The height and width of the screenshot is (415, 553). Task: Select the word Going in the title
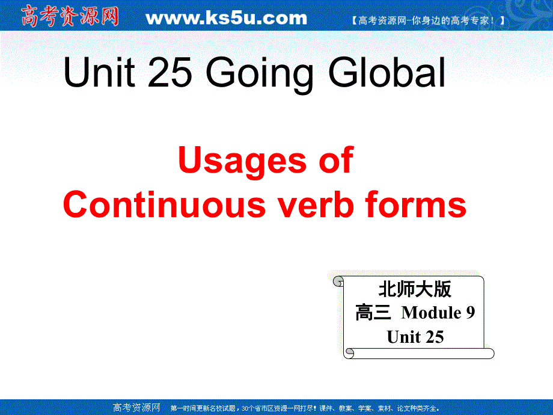click(x=260, y=75)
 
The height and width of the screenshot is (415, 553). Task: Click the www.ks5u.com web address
click(x=226, y=18)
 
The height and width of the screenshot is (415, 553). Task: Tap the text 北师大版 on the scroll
click(x=415, y=289)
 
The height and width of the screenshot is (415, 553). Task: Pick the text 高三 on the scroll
click(x=373, y=313)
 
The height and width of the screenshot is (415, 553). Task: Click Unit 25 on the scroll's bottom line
click(x=415, y=337)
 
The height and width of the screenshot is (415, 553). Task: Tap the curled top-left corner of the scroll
click(x=338, y=281)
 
